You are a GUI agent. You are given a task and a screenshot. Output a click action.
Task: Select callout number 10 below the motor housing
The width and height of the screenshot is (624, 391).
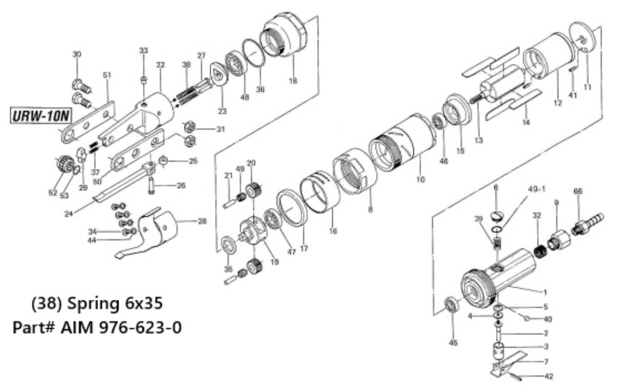coord(421,180)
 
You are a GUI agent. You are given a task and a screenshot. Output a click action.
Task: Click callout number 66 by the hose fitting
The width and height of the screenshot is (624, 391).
coord(577,191)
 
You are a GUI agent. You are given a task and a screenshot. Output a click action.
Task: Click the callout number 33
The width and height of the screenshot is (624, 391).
coord(143,50)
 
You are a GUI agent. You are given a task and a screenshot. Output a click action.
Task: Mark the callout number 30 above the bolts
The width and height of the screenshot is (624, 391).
coord(77,54)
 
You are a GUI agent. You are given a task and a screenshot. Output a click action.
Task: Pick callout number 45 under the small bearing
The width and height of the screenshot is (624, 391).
coord(453,342)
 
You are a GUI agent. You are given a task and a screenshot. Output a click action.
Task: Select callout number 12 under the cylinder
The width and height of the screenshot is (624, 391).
coord(557,103)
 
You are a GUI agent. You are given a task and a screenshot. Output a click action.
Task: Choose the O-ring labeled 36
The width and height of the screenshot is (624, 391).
coord(255,52)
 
